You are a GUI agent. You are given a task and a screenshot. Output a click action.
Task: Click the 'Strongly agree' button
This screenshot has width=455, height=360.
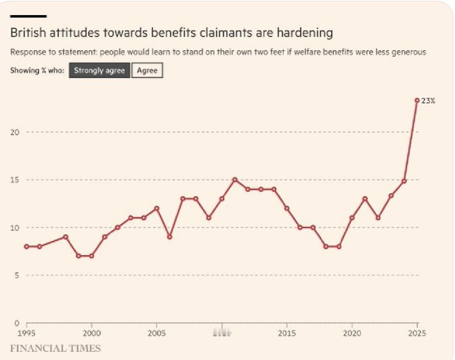pos(99,71)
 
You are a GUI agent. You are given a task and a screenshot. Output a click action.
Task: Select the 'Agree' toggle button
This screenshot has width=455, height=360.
pos(147,71)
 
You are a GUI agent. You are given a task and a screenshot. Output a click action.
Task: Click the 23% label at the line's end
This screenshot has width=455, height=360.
pos(428,101)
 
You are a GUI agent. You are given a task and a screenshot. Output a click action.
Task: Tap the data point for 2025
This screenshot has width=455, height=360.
pos(417,100)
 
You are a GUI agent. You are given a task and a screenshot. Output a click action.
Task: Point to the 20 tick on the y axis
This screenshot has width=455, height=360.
pos(15,132)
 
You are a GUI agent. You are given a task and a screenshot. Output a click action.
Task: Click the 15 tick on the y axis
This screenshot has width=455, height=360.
pos(15,180)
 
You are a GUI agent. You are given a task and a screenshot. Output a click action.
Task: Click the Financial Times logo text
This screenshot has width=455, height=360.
pos(55,349)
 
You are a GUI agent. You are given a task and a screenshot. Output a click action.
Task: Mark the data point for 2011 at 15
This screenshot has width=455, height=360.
pos(235,180)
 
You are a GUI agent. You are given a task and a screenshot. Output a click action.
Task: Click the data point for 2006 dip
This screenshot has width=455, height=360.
pos(169,237)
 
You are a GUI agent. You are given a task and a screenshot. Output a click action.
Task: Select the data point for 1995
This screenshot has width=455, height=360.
pos(26,246)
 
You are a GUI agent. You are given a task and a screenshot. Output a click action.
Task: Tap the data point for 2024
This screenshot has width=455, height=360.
pos(404,181)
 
